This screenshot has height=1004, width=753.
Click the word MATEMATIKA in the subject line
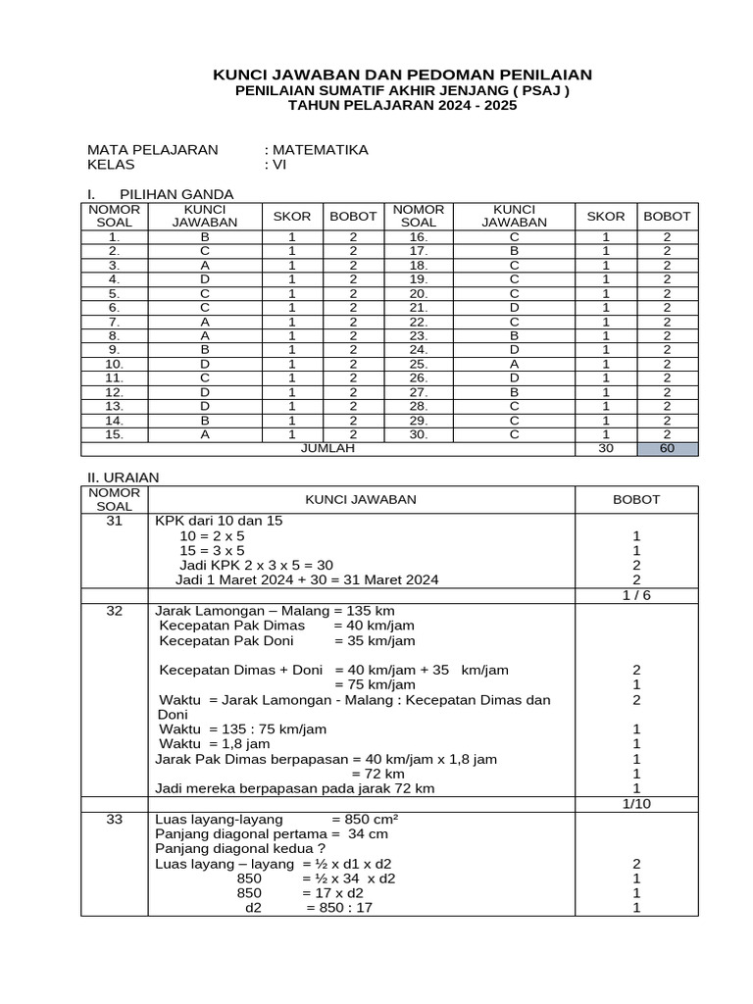(320, 150)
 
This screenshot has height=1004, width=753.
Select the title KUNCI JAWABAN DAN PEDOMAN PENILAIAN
(403, 75)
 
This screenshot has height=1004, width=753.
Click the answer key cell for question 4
(205, 278)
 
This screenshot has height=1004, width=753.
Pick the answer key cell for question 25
(513, 363)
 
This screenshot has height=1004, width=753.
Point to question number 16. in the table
(419, 236)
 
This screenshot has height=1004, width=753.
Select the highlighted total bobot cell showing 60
(667, 448)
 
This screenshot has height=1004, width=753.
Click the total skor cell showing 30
(605, 448)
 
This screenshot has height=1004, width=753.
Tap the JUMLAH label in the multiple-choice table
(326, 448)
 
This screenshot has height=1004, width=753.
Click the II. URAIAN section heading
(124, 477)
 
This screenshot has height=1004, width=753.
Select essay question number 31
(115, 521)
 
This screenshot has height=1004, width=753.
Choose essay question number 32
(115, 610)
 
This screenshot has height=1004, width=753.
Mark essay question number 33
(115, 819)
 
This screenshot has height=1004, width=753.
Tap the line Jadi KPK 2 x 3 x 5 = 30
(257, 565)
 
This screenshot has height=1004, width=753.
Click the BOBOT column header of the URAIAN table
(636, 499)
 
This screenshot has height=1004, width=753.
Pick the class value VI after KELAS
(277, 165)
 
